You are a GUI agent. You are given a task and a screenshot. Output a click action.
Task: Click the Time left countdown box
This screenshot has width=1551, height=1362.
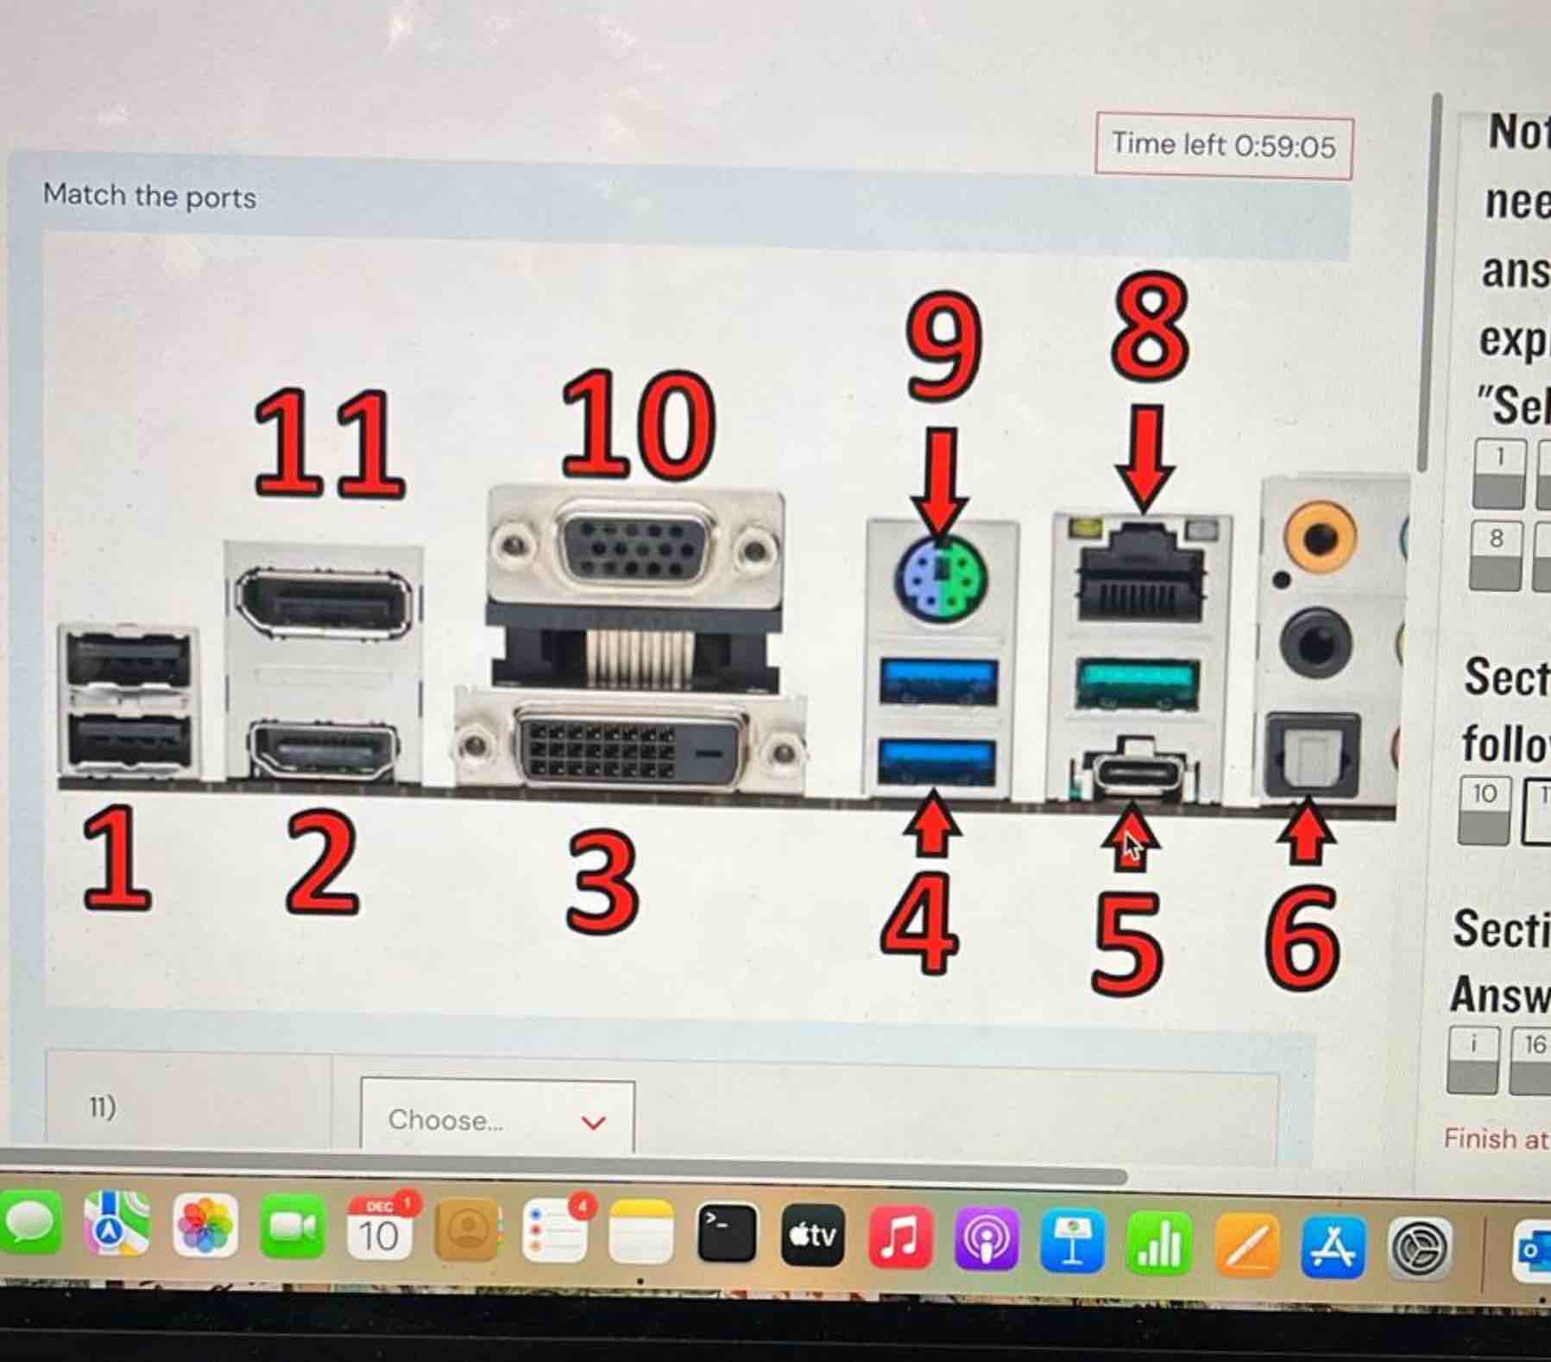point(1223,146)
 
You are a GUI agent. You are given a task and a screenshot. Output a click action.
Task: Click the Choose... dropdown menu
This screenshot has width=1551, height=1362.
point(497,1119)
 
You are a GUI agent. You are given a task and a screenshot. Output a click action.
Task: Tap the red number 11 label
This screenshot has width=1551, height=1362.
point(329,445)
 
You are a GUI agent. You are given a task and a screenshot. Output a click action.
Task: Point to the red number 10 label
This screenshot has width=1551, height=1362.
point(638,426)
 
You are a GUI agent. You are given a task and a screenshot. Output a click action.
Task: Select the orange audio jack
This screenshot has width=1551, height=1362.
point(1319,536)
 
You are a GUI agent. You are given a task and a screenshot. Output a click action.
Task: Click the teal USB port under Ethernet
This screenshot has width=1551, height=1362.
point(1138,682)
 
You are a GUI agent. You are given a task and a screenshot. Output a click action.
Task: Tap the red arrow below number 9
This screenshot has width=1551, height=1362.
point(940,479)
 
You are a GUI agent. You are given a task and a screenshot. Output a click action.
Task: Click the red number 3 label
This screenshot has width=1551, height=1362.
point(603,881)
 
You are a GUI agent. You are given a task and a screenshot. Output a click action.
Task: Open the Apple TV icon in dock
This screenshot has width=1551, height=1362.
point(812,1237)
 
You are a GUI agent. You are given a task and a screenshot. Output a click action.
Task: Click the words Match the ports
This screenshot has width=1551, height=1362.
point(149,196)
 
